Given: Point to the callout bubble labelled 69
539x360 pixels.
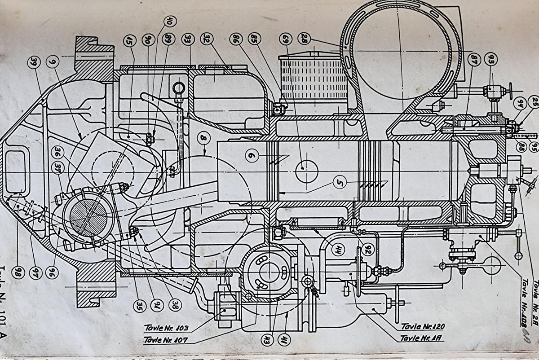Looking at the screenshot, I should point(283,39).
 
